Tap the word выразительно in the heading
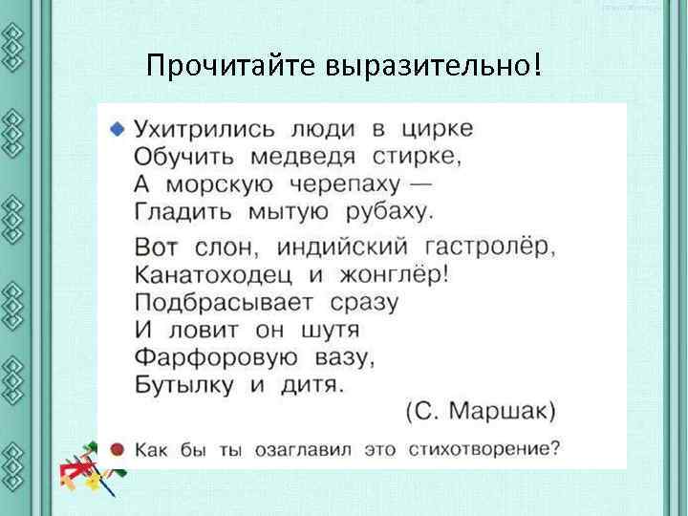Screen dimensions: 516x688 429,67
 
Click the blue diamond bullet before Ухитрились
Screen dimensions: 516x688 117,127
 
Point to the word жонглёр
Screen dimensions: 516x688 394,275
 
